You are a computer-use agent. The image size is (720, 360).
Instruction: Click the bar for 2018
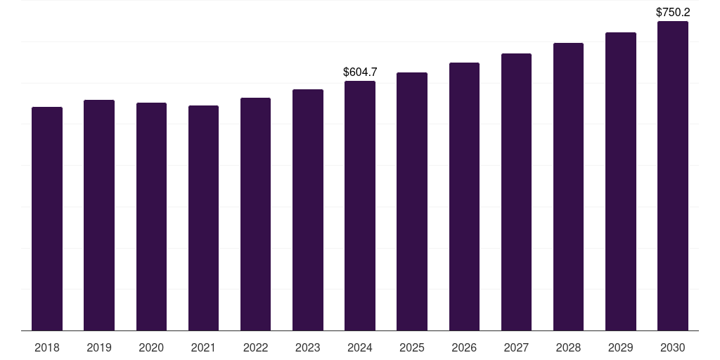47,219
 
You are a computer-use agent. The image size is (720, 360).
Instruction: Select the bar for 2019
99,215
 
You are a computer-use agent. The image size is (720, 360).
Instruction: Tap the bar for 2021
203,218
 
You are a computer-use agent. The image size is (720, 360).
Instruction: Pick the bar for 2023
308,210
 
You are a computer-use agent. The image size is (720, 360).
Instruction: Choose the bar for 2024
360,206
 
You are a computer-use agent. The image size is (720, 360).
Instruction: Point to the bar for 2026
464,197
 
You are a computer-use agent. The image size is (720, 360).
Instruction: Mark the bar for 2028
568,187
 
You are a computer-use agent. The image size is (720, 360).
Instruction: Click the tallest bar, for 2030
673,176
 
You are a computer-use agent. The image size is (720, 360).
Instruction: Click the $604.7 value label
360,72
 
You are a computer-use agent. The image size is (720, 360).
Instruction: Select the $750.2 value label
673,12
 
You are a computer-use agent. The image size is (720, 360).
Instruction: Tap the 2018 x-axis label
47,347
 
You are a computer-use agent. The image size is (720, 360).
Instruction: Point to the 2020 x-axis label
151,347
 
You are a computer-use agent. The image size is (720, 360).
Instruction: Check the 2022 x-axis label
256,347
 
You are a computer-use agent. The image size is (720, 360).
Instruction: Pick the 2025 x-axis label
412,347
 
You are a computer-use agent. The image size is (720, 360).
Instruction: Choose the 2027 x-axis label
516,347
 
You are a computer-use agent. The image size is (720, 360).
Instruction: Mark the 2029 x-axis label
621,347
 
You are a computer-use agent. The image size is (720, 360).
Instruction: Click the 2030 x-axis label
673,347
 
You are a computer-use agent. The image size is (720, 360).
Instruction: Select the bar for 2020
151,217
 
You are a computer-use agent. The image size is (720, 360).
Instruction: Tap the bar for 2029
621,181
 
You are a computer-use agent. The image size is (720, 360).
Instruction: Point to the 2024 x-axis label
360,347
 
